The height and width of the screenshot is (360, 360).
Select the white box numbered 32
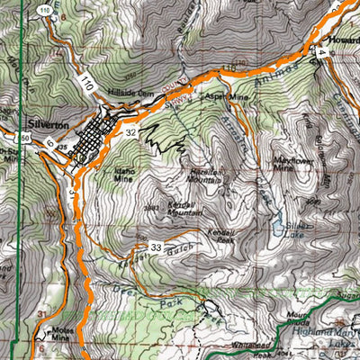pos(131,131)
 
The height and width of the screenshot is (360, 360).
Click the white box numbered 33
pos(156,247)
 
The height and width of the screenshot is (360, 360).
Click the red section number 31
pos(40,311)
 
